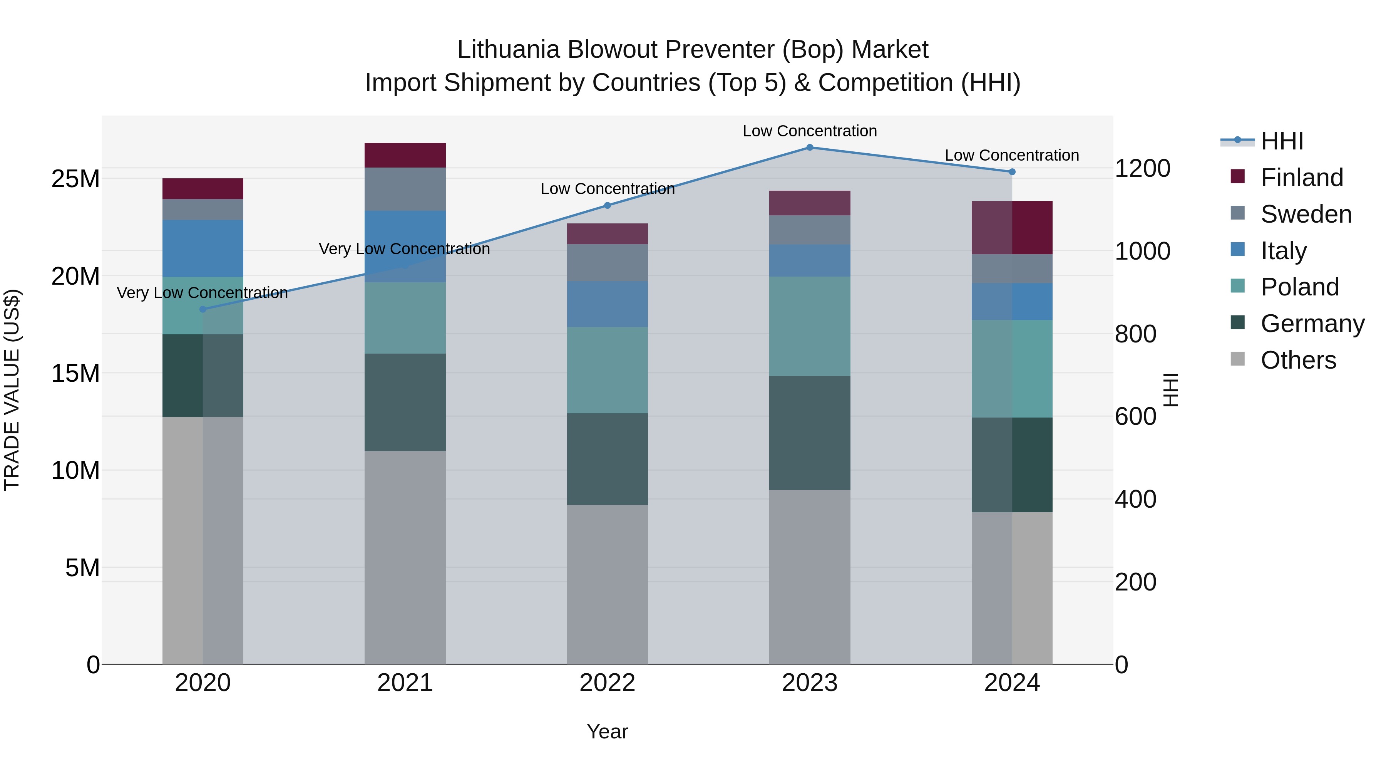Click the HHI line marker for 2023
tap(809, 147)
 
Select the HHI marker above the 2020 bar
tap(203, 309)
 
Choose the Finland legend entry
tap(1302, 177)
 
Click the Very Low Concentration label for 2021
tap(404, 249)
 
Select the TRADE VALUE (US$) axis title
tap(12, 390)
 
